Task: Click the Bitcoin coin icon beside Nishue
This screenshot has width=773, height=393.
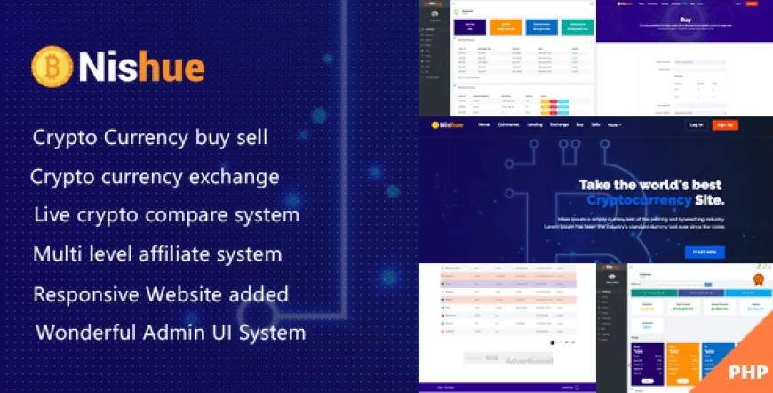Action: click(x=52, y=67)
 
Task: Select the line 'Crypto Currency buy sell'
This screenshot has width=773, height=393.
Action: click(x=150, y=138)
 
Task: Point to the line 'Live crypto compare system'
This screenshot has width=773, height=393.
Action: click(x=166, y=215)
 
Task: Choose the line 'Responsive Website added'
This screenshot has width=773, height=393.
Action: click(x=161, y=293)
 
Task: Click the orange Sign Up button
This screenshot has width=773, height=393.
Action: click(x=725, y=125)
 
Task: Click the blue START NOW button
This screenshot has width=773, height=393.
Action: click(x=704, y=252)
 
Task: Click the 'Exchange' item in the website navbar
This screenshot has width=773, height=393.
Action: click(x=559, y=125)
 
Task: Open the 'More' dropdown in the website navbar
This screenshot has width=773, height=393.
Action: click(x=614, y=125)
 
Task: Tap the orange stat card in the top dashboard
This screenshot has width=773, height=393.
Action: click(x=507, y=28)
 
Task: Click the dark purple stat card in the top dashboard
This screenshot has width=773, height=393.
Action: click(x=470, y=28)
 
